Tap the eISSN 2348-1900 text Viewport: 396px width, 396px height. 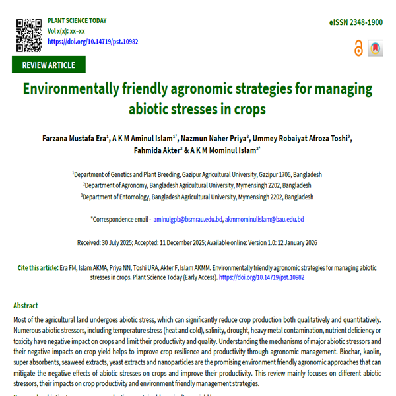click(356, 22)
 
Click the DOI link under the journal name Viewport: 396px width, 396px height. click(92, 41)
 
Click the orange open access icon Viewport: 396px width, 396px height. click(358, 48)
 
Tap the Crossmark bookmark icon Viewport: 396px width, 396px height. click(375, 48)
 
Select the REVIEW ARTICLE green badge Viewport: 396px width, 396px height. click(48, 65)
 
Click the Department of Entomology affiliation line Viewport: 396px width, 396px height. click(198, 197)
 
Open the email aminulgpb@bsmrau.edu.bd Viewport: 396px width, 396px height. click(187, 219)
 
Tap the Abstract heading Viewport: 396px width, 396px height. click(26, 306)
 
